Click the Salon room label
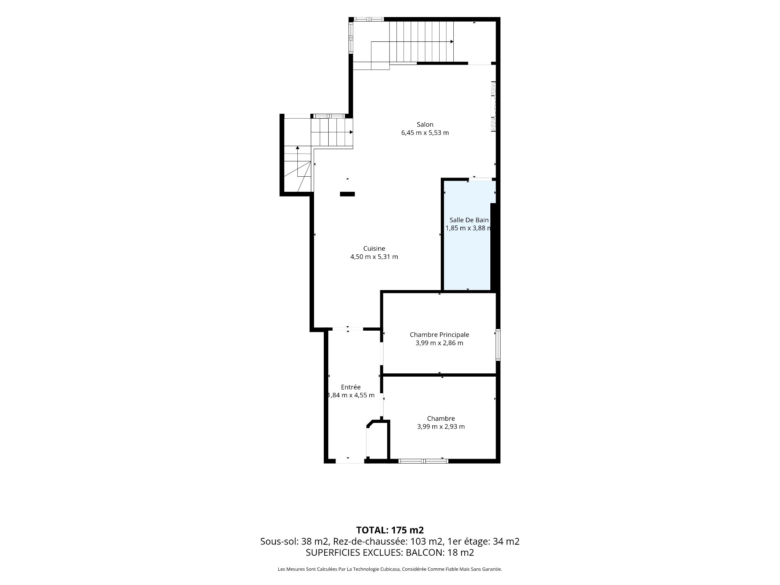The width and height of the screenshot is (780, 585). (425, 124)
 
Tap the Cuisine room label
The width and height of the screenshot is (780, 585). (374, 248)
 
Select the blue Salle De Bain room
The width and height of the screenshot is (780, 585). (467, 236)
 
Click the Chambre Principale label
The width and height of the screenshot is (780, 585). (439, 335)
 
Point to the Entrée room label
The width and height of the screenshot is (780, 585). (351, 387)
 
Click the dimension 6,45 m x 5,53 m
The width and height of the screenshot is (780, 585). (425, 133)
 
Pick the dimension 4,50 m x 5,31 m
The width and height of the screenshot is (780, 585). (374, 257)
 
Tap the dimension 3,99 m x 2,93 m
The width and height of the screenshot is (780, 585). (441, 427)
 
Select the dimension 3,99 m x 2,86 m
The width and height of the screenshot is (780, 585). (439, 343)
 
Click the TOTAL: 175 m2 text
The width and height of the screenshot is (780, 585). (390, 530)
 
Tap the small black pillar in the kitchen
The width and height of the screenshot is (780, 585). (347, 194)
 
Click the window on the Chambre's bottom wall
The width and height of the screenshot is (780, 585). (423, 461)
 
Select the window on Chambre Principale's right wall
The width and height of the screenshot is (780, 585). (498, 344)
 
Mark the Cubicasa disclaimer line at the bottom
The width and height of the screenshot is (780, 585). (390, 569)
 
